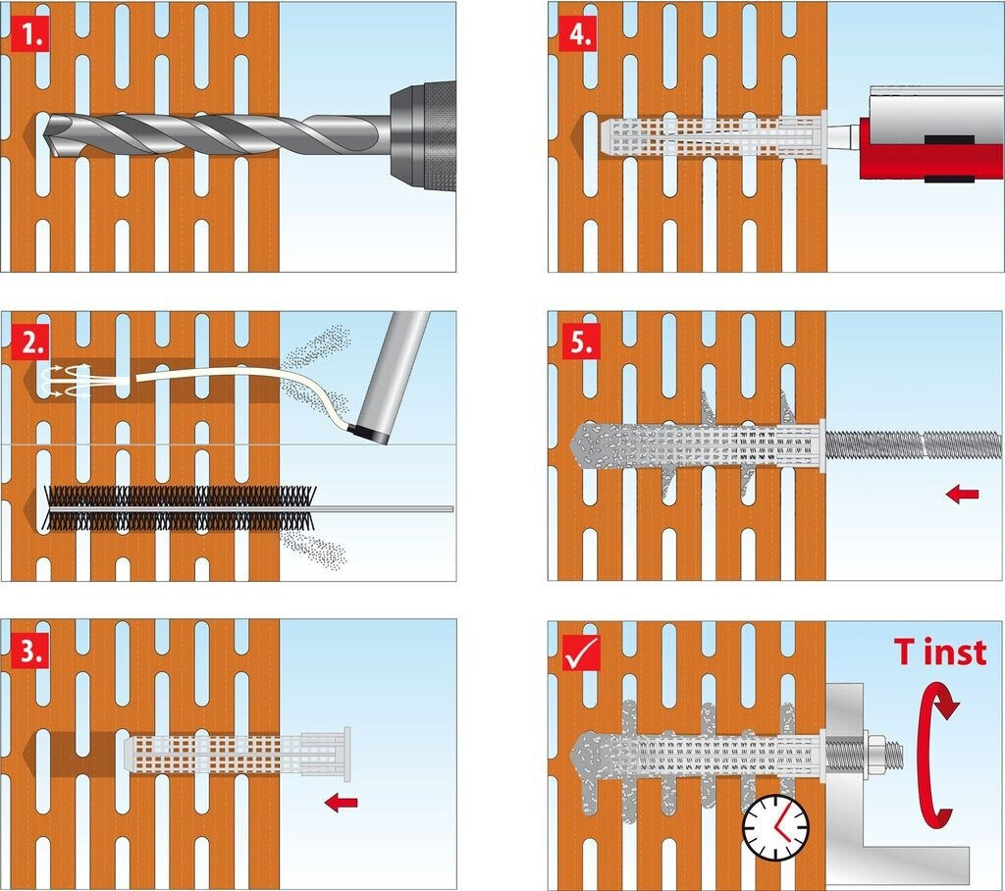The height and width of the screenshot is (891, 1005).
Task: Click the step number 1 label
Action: point(30,35)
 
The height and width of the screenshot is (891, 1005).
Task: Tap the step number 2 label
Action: point(30,343)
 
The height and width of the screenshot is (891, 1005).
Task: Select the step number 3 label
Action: point(30,652)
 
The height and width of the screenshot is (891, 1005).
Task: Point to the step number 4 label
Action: point(578,35)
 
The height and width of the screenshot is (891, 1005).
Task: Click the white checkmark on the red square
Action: point(581,652)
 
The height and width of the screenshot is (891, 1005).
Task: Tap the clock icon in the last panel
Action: point(775,827)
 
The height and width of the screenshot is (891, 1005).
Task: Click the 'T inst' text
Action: point(940,652)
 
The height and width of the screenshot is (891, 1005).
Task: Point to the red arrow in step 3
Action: point(341,802)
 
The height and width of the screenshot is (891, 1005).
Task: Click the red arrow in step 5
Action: point(963,494)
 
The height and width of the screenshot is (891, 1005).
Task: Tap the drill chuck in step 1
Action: point(423,136)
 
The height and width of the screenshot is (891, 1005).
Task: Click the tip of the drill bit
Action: point(49,136)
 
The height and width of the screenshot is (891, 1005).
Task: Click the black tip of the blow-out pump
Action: point(369,434)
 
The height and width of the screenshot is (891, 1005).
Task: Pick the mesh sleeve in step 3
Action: point(238,755)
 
